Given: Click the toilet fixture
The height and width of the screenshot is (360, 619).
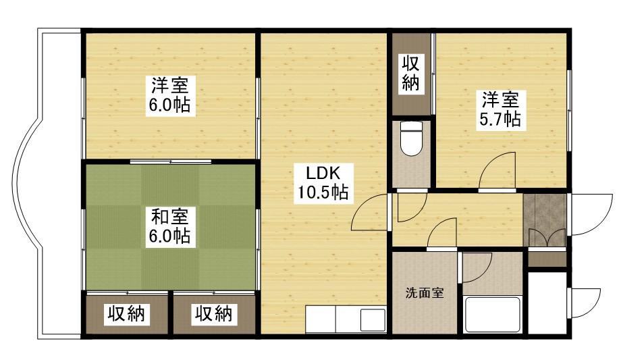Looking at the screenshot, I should [x=410, y=139].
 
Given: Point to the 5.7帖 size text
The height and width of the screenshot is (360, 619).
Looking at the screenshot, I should [x=500, y=120].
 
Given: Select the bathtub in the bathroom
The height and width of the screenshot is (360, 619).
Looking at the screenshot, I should [x=493, y=313].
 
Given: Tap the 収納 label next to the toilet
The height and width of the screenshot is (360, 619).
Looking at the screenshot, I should [x=411, y=74].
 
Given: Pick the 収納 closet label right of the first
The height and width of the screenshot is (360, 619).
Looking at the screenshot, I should [x=215, y=314].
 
